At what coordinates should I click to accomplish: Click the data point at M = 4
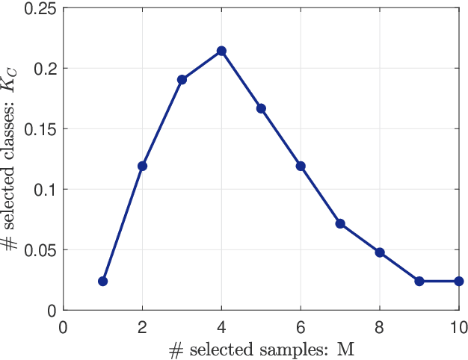(x=221, y=51)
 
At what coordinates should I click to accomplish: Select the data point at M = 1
(x=103, y=282)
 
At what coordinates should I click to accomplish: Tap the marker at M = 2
(x=143, y=166)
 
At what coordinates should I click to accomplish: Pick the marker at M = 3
(x=182, y=79)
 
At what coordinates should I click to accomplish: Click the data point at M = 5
(x=261, y=108)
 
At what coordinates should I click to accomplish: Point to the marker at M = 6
(x=301, y=166)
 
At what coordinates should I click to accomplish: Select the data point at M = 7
(x=340, y=223)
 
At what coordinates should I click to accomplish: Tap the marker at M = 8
(x=380, y=252)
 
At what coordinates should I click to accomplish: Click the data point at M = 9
(x=419, y=282)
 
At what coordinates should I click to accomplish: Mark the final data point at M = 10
(x=458, y=282)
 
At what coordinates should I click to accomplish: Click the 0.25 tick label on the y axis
(x=41, y=8)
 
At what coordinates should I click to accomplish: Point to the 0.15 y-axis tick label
(x=41, y=128)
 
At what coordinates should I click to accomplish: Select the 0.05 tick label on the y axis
(x=41, y=249)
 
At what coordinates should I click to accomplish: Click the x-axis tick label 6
(x=301, y=326)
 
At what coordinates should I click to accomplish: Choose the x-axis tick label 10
(x=458, y=326)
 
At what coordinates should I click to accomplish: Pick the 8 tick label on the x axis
(x=380, y=326)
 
